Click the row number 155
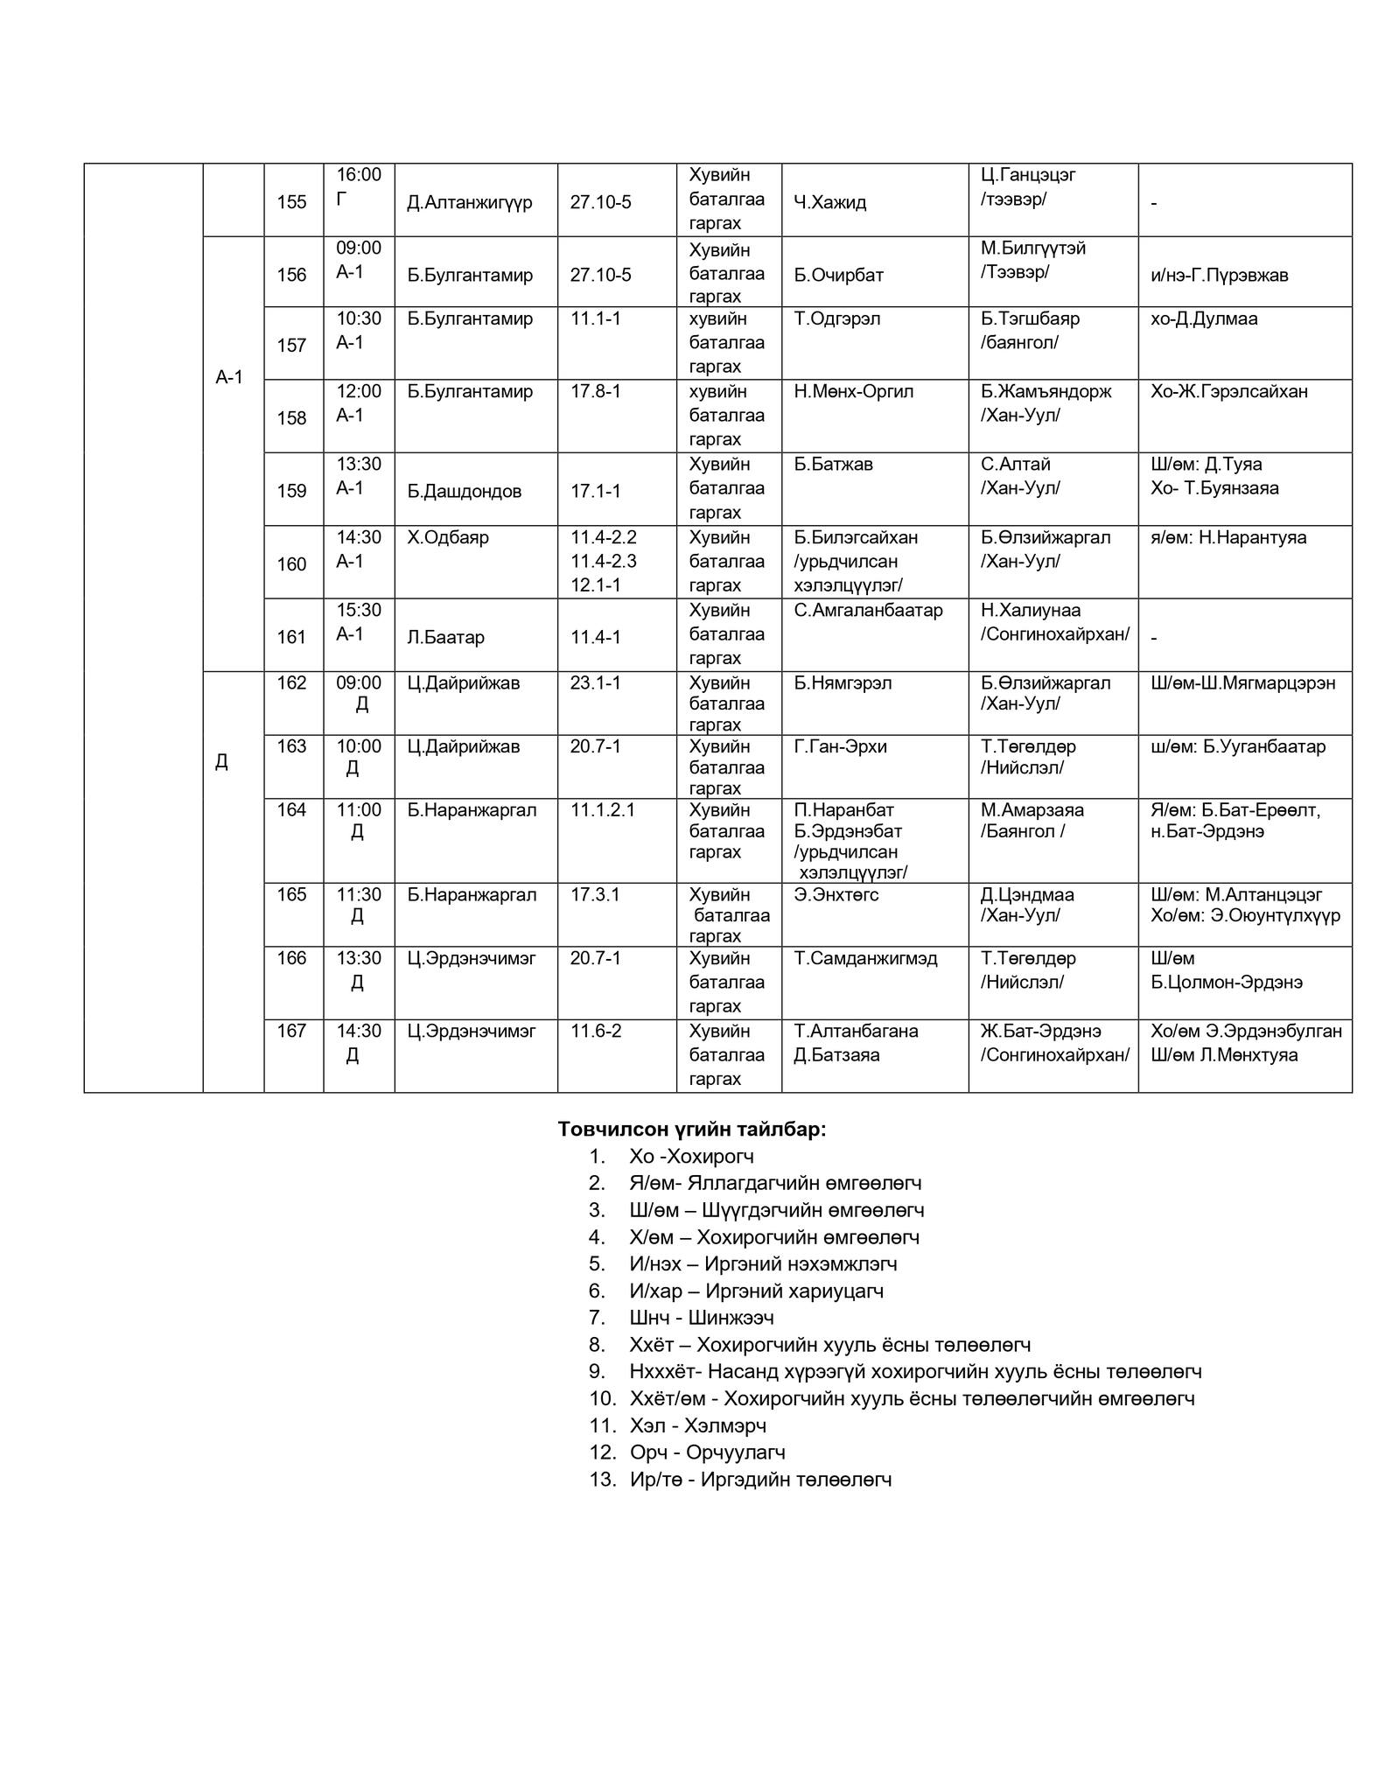click(x=291, y=202)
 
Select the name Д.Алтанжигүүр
click(x=470, y=203)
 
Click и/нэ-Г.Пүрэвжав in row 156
click(x=1219, y=276)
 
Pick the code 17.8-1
click(x=596, y=391)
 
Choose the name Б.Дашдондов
click(x=465, y=491)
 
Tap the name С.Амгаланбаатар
click(x=868, y=610)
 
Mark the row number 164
click(x=291, y=810)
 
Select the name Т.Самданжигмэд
click(x=865, y=958)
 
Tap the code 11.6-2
click(x=596, y=1031)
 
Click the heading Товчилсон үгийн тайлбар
click(x=692, y=1130)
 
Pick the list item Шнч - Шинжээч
click(x=701, y=1318)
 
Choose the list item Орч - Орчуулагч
click(x=707, y=1452)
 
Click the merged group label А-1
click(x=229, y=378)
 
